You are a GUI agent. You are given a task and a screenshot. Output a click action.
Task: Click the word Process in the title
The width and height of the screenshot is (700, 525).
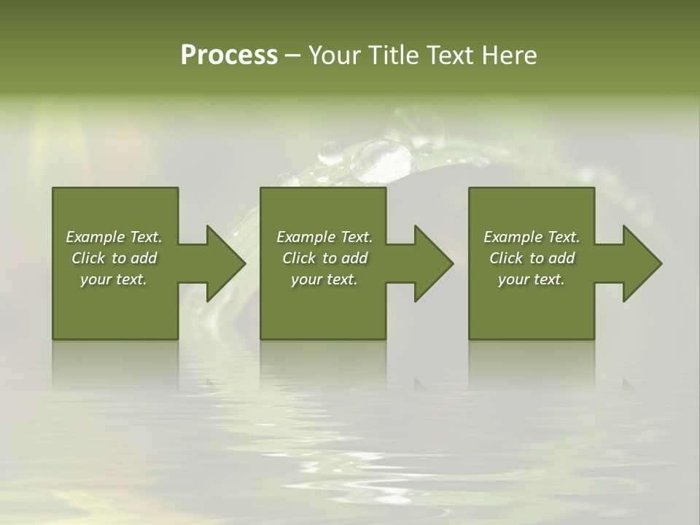[x=229, y=55]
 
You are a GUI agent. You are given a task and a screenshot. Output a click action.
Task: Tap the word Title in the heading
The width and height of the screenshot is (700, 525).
[x=394, y=55]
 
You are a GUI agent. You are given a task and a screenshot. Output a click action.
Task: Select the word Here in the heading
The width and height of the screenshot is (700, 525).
[x=509, y=55]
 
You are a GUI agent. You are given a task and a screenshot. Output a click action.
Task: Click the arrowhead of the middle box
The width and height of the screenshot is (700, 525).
[x=432, y=263]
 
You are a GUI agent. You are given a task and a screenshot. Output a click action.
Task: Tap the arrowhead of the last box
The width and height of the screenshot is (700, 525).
[x=641, y=263]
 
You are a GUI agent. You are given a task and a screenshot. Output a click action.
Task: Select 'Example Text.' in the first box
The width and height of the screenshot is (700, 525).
[x=114, y=237]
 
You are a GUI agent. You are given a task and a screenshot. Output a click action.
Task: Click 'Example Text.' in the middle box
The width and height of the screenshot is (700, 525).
[x=324, y=237]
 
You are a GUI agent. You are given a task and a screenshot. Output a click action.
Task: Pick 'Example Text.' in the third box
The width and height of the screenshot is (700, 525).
[x=532, y=237]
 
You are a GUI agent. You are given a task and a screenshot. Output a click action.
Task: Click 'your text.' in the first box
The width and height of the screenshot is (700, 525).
[x=114, y=279]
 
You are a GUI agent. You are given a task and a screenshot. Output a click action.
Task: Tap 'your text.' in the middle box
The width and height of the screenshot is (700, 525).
[x=324, y=279]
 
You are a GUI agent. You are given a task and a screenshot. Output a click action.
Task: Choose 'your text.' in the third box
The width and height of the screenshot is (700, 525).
[x=532, y=279]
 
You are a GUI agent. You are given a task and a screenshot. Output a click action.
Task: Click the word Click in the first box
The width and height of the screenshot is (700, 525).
[x=88, y=258]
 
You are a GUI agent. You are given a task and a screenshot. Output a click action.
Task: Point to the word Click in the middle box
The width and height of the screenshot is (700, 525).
[x=299, y=258]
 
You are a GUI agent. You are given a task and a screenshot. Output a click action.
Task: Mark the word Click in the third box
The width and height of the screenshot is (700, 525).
[x=506, y=258]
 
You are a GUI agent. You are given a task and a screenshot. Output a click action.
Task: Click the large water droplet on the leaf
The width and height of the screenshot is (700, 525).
[x=381, y=160]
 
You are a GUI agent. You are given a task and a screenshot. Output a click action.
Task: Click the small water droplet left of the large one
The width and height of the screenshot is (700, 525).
[x=330, y=152]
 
